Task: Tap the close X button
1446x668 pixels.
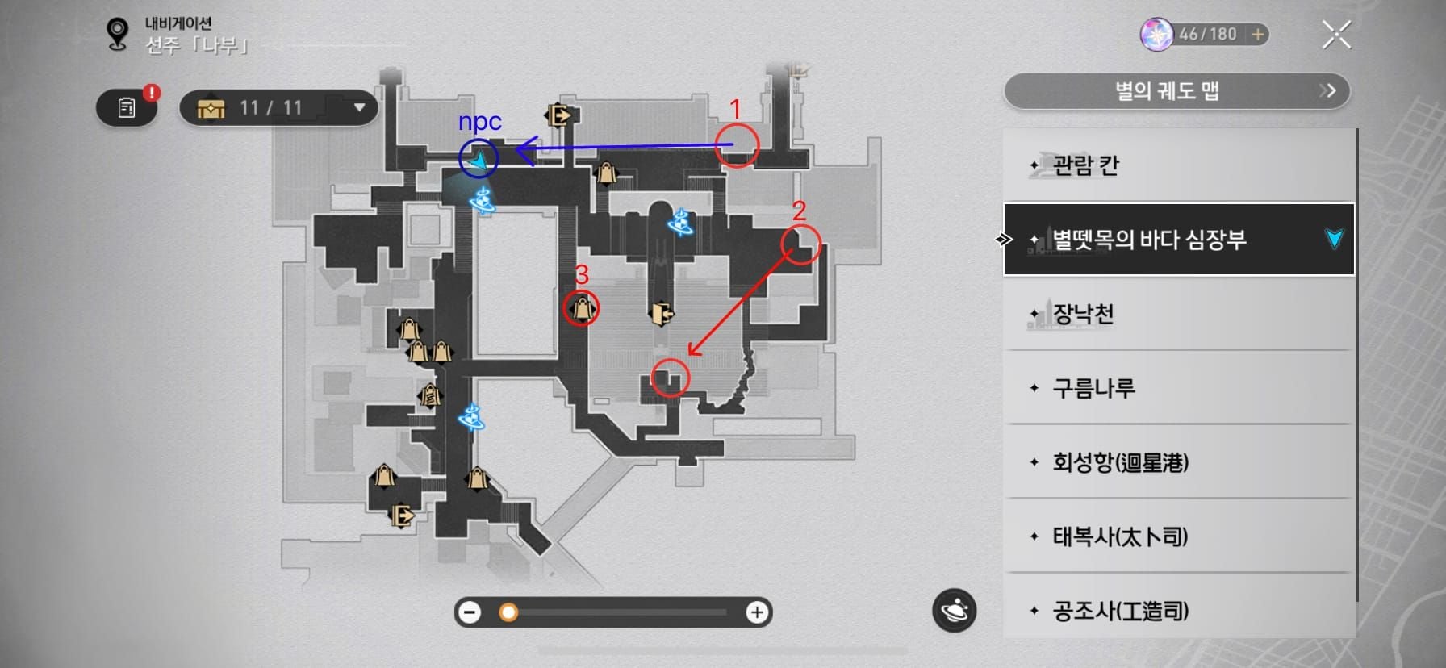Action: (1336, 35)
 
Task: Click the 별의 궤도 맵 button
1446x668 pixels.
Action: (1176, 90)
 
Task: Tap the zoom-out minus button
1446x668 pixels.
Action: (469, 613)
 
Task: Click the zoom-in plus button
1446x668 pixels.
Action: (756, 613)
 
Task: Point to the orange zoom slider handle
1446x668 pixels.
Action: (508, 613)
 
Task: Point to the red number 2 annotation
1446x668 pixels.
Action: (799, 211)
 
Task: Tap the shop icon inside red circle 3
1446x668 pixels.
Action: (582, 307)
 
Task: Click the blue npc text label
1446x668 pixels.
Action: (480, 121)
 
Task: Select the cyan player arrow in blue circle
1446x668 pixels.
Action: (479, 161)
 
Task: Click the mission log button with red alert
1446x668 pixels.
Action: (127, 107)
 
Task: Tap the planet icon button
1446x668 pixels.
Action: (955, 611)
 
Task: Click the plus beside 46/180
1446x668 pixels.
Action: (1257, 35)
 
